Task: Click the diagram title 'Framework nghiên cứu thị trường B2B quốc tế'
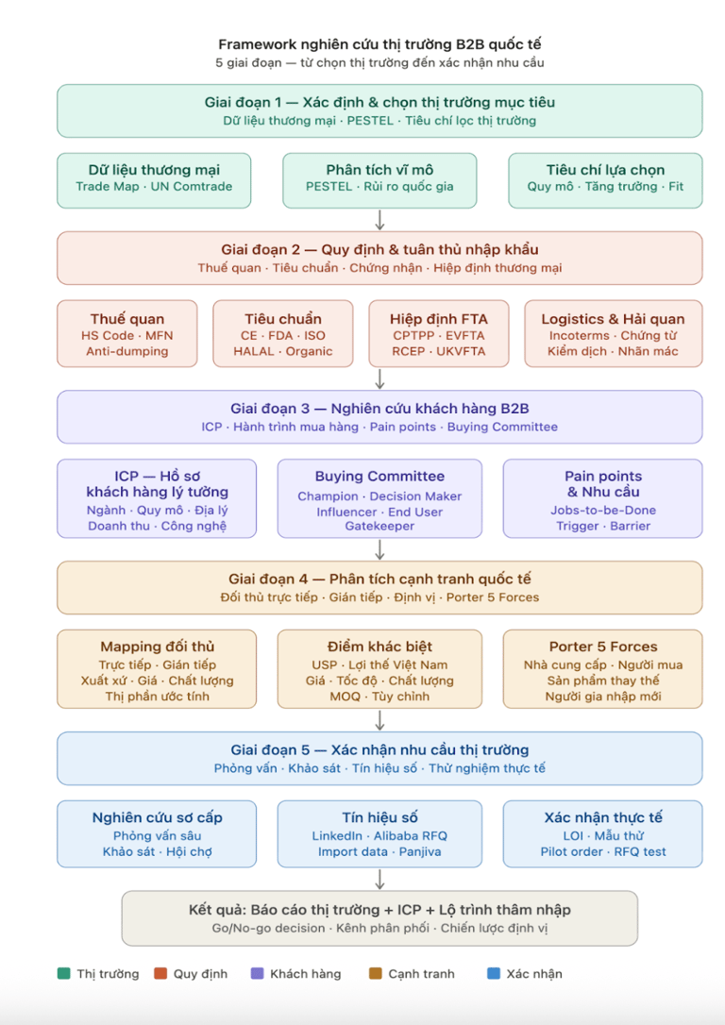pos(379,44)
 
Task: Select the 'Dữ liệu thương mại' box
pos(154,180)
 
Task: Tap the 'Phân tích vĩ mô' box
pos(379,180)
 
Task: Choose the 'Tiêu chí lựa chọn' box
pos(605,180)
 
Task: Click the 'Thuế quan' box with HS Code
pos(126,333)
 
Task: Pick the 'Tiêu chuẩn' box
pos(283,333)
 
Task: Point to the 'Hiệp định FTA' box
pos(439,333)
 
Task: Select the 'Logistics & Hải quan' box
pos(614,333)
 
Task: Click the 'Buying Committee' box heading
pos(379,476)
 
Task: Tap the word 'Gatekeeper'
pos(379,527)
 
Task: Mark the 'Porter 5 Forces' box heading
pos(603,647)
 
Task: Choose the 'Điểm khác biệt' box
pos(379,669)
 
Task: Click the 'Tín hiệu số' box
pos(379,834)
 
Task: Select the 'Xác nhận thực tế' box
pos(602,834)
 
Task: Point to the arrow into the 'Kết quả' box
pos(379,879)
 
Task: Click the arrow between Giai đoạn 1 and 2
pos(379,220)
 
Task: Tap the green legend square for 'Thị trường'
pos(63,973)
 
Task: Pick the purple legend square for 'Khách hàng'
pos(257,973)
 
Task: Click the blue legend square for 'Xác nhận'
pos(494,973)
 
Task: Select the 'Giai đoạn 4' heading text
pos(379,580)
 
